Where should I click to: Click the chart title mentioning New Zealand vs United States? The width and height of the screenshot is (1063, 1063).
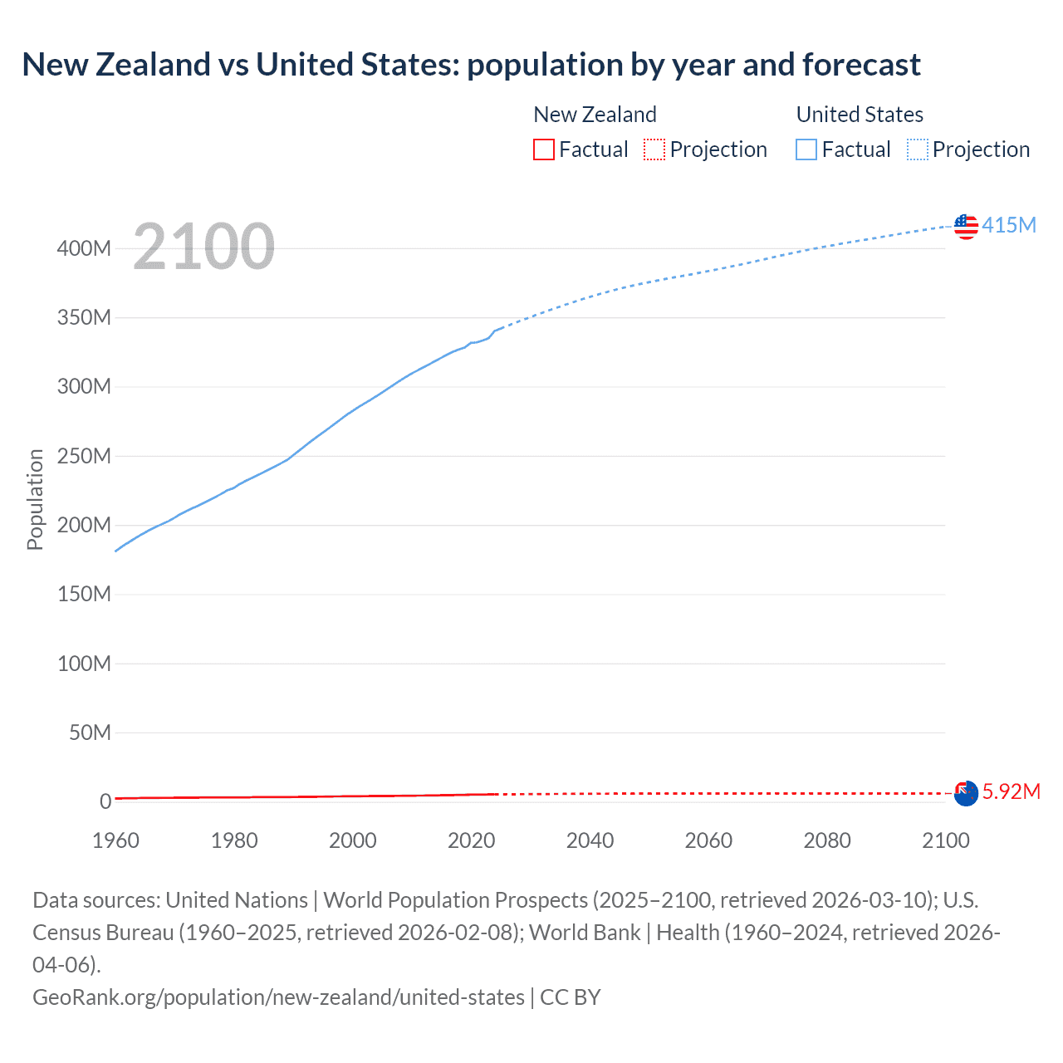pos(471,65)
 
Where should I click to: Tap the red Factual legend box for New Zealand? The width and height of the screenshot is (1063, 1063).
pos(543,149)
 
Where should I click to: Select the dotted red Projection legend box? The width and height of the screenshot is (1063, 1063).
pos(654,149)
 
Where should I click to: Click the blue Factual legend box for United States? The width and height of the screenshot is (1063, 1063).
pos(806,149)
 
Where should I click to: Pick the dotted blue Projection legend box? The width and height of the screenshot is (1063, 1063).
pos(918,149)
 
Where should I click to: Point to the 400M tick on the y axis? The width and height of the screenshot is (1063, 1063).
pos(84,248)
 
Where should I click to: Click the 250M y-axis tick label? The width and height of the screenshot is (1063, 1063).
pos(84,456)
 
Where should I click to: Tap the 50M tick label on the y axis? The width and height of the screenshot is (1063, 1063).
pos(90,732)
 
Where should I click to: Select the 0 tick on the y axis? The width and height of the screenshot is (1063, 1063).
pos(105,801)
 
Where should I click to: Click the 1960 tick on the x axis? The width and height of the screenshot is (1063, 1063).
pos(115,840)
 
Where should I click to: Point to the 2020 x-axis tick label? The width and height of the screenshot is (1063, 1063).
pos(471,840)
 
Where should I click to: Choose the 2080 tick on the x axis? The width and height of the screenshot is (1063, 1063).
pos(827,840)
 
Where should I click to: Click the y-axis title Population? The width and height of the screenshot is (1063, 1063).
pos(35,499)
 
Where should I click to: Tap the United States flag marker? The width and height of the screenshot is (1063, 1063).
pos(966,226)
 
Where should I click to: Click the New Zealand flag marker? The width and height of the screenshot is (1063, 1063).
pos(966,793)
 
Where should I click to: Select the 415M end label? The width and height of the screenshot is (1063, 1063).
pos(1009,225)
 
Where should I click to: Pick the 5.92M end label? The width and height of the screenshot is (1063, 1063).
pos(1011,792)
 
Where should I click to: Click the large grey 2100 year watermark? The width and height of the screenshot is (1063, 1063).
pos(203,247)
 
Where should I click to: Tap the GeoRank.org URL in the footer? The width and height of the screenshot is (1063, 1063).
pos(278,997)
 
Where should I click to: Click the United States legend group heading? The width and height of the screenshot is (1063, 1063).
pos(860,115)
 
